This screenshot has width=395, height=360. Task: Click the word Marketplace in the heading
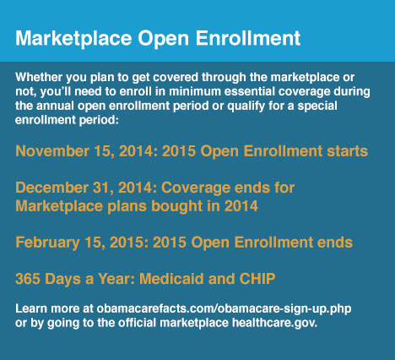click(73, 39)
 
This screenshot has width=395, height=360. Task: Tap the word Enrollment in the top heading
click(248, 38)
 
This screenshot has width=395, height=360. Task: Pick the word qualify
click(246, 106)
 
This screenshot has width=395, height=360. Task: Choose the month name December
click(52, 188)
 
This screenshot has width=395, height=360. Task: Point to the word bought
click(176, 206)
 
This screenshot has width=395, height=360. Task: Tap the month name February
click(47, 243)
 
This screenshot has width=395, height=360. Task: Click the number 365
click(28, 279)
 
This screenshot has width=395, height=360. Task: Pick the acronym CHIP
click(257, 279)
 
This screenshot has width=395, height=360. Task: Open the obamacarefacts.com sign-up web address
click(224, 309)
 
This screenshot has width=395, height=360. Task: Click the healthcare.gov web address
click(274, 323)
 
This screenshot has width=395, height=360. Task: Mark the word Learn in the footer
click(31, 308)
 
